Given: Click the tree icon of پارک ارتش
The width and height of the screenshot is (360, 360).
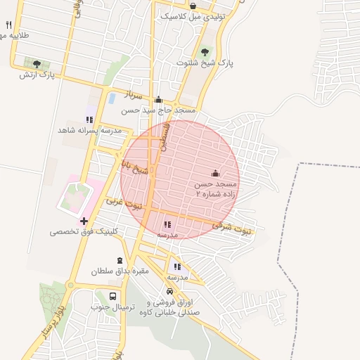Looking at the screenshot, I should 37,64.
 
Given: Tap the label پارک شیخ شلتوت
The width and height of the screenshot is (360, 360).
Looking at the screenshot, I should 205,63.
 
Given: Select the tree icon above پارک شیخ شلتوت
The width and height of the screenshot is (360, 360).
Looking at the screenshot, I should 205,51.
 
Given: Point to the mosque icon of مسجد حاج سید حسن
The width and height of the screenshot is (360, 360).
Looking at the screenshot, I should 158,99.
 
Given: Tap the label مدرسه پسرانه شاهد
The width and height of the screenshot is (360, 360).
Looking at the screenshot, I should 89,131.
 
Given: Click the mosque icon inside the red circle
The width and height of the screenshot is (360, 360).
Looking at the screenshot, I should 215,173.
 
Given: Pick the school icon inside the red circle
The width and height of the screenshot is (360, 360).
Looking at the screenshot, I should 167,224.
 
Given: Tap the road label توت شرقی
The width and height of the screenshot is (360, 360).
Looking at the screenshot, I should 233,228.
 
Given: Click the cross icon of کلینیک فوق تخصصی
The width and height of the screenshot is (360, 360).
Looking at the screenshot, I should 84,221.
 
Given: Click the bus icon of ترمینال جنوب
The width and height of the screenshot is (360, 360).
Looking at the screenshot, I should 113,296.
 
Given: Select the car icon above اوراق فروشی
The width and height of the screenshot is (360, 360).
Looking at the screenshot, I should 169,292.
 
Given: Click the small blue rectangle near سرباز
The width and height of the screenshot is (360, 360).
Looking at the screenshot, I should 112,98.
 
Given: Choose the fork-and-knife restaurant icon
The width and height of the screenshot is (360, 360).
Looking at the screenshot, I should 8,25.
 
